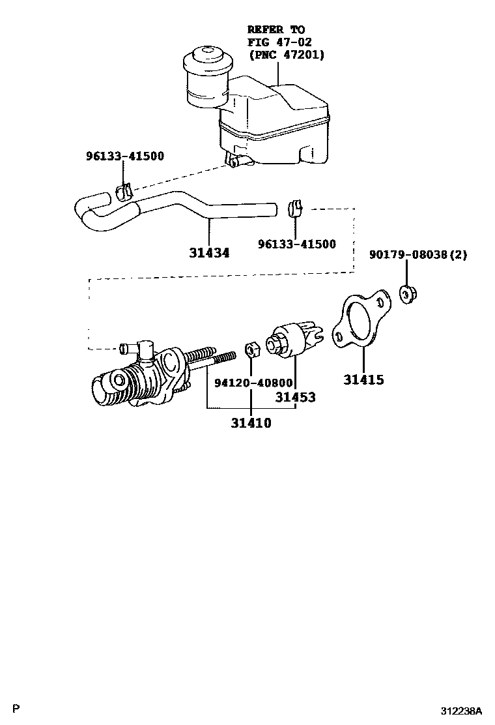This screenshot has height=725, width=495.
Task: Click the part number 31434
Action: tap(209, 252)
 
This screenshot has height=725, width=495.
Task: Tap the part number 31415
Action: tap(363, 379)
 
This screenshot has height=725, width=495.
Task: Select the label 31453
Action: tap(295, 397)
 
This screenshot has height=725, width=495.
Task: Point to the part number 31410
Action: tap(250, 423)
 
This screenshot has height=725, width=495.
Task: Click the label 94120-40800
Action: tap(251, 383)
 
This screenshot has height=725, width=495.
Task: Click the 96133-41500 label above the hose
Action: tap(125, 156)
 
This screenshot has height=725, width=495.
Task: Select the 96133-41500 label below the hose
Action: tap(297, 244)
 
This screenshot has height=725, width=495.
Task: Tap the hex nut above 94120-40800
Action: tap(251, 350)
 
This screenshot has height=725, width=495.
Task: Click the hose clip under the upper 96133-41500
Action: tap(124, 192)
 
